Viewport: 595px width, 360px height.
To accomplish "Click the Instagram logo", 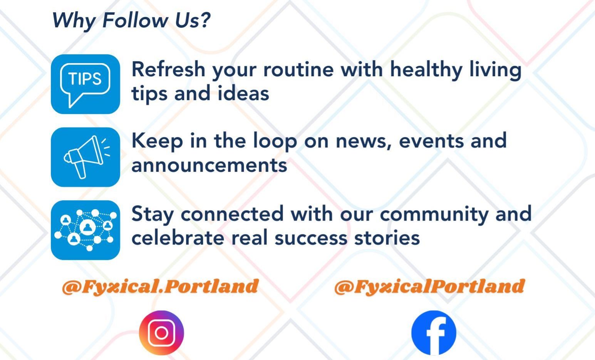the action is tap(161, 333).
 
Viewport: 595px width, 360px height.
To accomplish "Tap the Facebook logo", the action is tap(434, 333).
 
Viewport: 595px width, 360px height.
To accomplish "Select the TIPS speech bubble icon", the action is tap(85, 84).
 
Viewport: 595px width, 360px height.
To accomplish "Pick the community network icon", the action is tap(85, 230).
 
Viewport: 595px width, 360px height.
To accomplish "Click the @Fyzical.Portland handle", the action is tap(160, 287).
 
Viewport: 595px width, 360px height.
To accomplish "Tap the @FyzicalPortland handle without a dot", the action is tap(429, 287).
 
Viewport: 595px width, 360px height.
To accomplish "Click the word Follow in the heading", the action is tap(135, 20).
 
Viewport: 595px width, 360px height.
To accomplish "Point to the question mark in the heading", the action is tap(205, 20).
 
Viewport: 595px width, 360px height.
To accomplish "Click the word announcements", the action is tap(210, 165).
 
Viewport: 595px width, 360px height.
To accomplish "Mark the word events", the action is tap(431, 142).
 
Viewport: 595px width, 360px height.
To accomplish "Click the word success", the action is tap(311, 238).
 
